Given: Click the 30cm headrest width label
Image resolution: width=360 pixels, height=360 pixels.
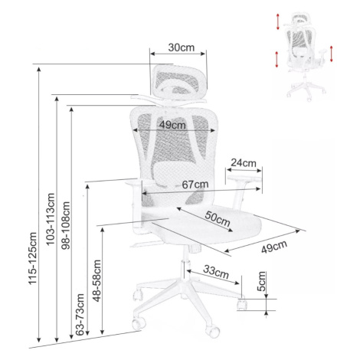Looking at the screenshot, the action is click(x=182, y=47).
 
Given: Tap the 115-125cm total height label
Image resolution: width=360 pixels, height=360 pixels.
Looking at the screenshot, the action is click(x=32, y=258).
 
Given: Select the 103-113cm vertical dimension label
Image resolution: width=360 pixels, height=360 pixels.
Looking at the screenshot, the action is click(x=51, y=219).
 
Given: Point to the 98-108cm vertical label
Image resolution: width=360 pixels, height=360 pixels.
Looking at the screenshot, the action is click(x=66, y=225).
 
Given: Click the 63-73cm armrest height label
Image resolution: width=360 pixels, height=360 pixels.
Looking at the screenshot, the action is click(x=80, y=315).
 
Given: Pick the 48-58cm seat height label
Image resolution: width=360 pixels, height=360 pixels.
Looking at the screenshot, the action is click(x=97, y=281).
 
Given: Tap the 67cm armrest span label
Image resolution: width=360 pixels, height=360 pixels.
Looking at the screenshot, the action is click(x=195, y=184).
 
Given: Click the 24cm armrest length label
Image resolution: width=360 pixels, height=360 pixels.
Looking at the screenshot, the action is click(x=244, y=163).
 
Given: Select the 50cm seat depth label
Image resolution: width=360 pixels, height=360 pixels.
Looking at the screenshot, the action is click(x=218, y=219).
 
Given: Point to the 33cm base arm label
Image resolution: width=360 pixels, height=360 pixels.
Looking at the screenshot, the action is click(x=216, y=272).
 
